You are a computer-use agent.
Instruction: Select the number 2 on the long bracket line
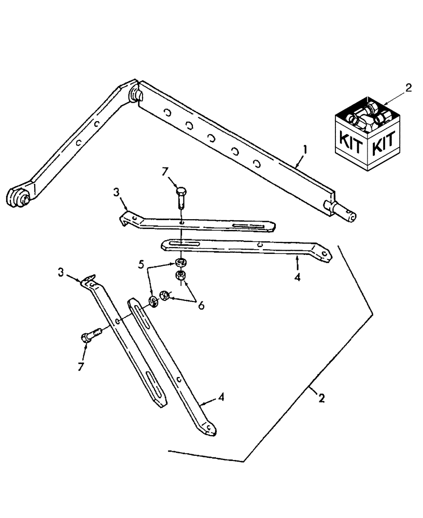(x=321, y=398)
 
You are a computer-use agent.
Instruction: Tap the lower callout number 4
(x=222, y=398)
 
